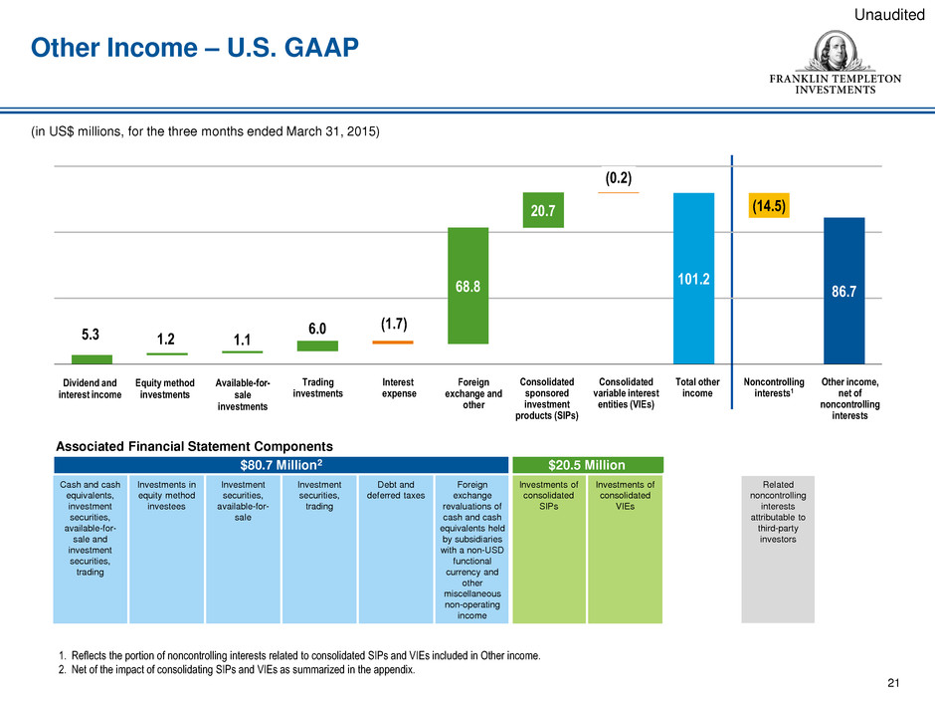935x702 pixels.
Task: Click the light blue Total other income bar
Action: (x=694, y=278)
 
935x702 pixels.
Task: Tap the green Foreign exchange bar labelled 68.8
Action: (x=468, y=286)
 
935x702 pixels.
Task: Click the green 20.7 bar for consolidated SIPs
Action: (x=544, y=208)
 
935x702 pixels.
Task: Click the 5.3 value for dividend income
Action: (x=93, y=337)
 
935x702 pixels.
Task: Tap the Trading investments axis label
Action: (x=318, y=387)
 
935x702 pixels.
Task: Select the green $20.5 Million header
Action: (x=587, y=464)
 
